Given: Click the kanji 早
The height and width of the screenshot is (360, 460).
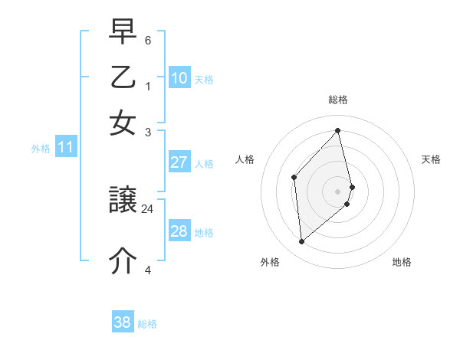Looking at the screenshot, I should (x=123, y=32).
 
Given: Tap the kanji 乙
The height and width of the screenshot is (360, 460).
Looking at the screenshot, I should (x=123, y=77).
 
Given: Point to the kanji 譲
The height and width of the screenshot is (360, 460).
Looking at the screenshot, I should (x=123, y=201).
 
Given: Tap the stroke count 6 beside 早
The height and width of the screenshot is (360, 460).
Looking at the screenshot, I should (x=147, y=39).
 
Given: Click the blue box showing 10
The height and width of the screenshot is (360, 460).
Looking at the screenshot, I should (x=179, y=77).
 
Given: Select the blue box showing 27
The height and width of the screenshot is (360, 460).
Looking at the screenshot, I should (x=179, y=162).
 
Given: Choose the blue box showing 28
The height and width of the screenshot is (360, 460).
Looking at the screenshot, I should (x=179, y=231).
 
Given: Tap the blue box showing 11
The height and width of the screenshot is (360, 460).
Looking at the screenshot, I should (x=64, y=148).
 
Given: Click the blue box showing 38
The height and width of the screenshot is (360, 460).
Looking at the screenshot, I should (x=123, y=322).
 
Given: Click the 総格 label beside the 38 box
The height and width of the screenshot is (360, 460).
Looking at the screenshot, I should (x=147, y=324).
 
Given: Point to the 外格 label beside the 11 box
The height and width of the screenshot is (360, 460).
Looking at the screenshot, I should (x=41, y=149).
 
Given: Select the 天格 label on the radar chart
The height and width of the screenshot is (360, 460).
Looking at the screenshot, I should (x=431, y=159).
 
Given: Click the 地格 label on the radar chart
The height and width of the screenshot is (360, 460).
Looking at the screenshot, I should (x=402, y=262).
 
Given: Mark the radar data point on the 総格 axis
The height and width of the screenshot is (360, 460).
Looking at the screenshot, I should (x=338, y=130).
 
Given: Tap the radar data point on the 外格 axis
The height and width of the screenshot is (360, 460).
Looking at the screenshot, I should (x=302, y=242).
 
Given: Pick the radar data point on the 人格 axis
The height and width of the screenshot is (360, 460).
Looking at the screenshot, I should (x=294, y=177).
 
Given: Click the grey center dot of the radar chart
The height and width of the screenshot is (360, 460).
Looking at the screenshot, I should (x=338, y=191).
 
